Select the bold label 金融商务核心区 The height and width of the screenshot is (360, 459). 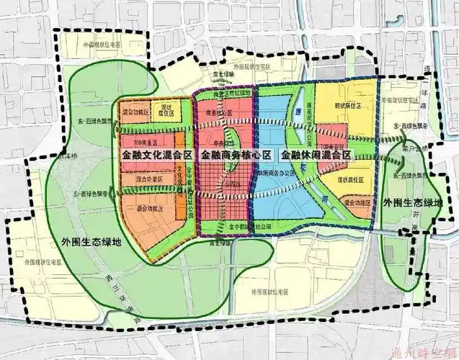(236, 155)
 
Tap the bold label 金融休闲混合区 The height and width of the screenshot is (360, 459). (316, 155)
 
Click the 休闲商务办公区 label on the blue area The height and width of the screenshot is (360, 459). (262, 174)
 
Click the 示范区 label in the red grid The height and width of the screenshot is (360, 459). (232, 184)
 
